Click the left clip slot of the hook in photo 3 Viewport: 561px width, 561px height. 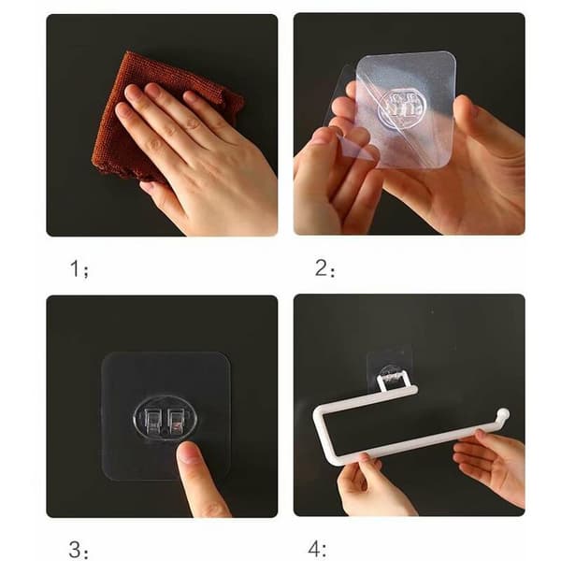pyautogui.click(x=153, y=421)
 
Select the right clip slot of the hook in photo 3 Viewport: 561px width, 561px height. pyautogui.click(x=176, y=421)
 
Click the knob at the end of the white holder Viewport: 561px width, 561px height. pyautogui.click(x=503, y=413)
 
